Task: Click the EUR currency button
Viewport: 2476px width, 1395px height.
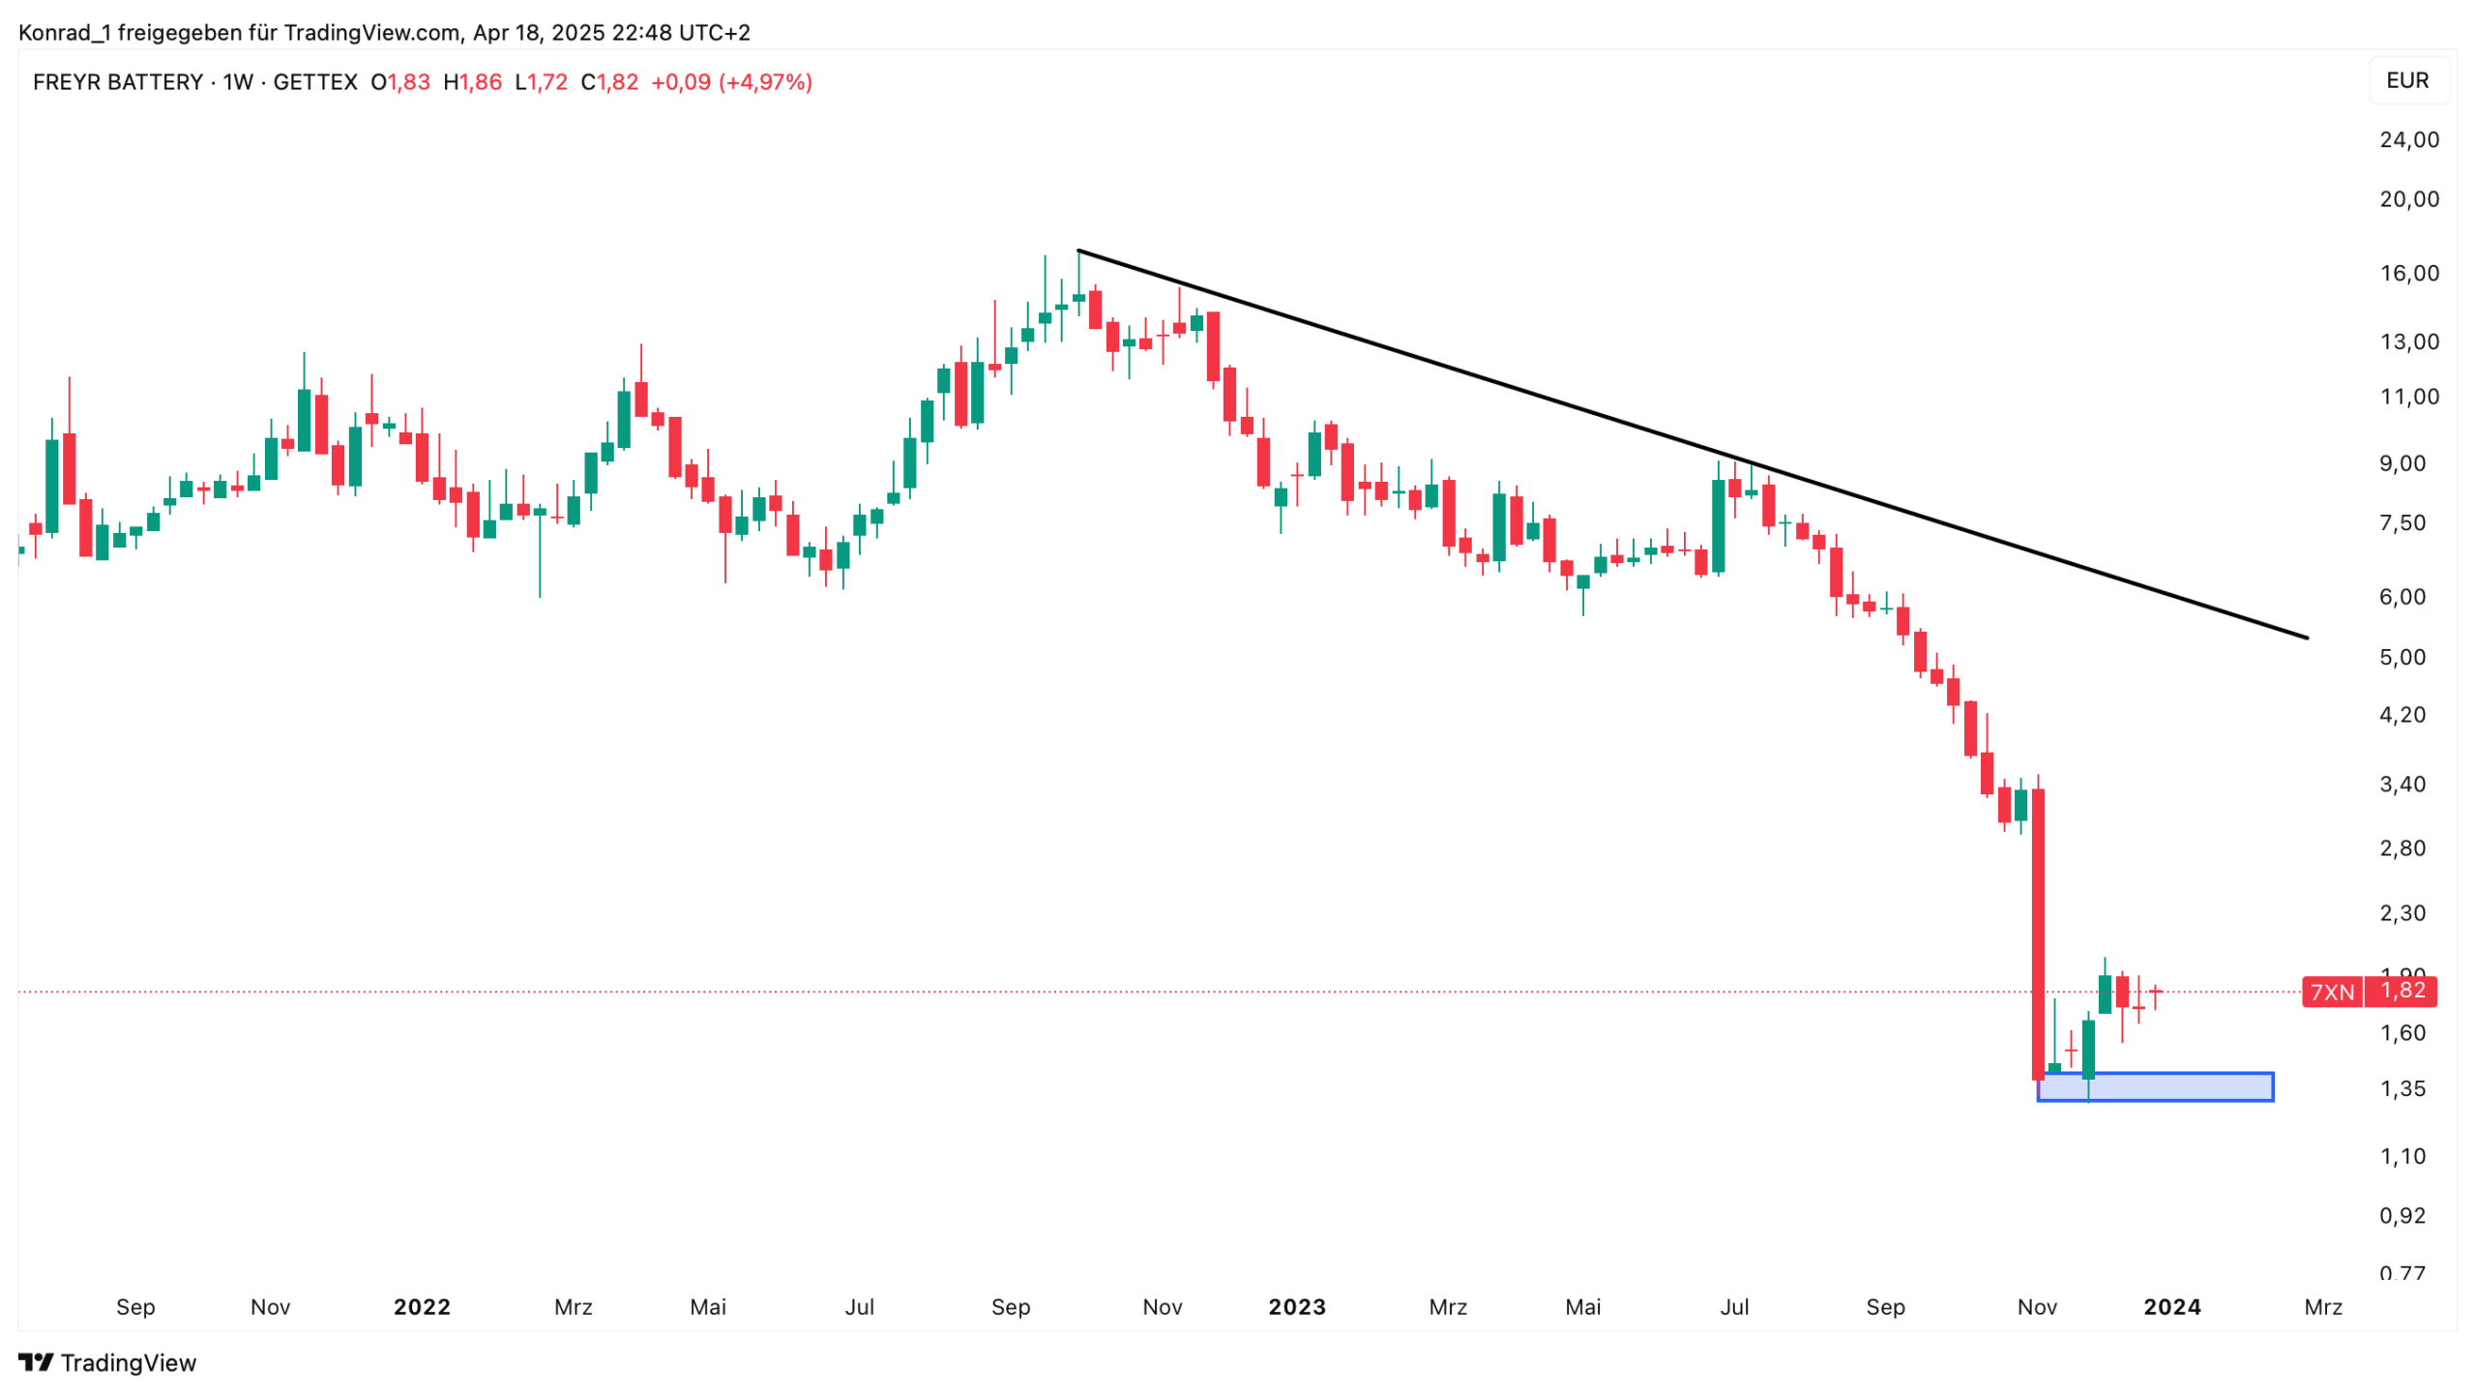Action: click(2406, 80)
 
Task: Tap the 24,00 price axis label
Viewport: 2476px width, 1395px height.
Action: click(2408, 140)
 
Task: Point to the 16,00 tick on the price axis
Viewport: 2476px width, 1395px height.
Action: click(2408, 274)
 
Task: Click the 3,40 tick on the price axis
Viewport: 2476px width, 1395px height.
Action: click(2402, 785)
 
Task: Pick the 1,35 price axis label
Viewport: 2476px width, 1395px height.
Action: click(2402, 1089)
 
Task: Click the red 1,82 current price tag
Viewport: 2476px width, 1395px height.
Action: click(2402, 991)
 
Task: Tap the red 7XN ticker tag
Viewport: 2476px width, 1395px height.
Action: click(2331, 992)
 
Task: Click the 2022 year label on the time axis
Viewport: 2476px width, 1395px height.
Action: click(422, 1307)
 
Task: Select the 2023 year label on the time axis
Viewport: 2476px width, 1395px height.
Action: click(1296, 1307)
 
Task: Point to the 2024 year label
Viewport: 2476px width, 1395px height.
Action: click(2171, 1307)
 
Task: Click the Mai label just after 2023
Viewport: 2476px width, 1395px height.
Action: click(1582, 1307)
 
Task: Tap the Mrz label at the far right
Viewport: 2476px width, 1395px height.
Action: click(2322, 1307)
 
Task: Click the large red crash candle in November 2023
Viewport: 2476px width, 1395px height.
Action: click(2038, 929)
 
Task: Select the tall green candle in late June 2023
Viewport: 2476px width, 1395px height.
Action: click(1718, 527)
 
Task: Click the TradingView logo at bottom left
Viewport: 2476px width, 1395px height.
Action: click(107, 1362)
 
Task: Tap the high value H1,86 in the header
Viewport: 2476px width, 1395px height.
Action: click(472, 82)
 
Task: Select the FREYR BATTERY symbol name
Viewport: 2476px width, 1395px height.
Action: click(118, 82)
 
